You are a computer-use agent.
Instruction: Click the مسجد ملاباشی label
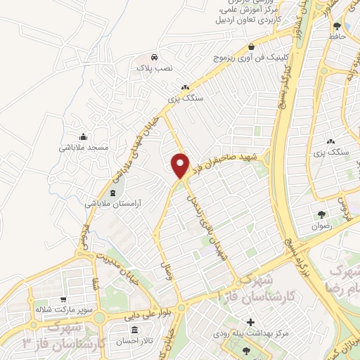tap(83, 148)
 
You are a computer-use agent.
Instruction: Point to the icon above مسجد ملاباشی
tap(84, 136)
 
